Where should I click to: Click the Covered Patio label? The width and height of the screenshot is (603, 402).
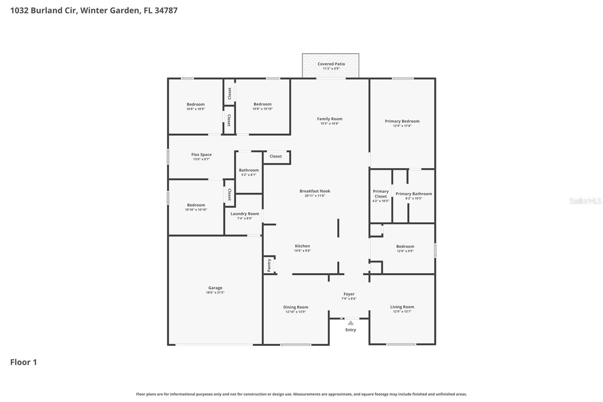pyautogui.click(x=331, y=64)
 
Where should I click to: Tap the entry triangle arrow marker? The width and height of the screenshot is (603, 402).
pyautogui.click(x=350, y=323)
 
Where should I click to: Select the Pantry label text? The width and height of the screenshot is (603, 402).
pyautogui.click(x=269, y=265)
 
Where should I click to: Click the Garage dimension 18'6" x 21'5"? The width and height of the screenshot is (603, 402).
pyautogui.click(x=215, y=293)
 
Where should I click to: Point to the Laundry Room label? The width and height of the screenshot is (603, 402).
pyautogui.click(x=245, y=214)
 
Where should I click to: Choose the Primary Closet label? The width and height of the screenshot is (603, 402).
pyautogui.click(x=381, y=194)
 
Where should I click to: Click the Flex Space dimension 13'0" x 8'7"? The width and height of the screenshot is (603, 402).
pyautogui.click(x=201, y=159)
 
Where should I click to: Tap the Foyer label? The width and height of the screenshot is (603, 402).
pyautogui.click(x=349, y=294)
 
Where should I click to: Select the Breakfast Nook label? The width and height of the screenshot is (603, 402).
pyautogui.click(x=315, y=191)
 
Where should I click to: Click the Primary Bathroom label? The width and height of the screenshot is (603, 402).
pyautogui.click(x=413, y=194)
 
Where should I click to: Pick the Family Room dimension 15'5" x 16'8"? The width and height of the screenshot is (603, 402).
pyautogui.click(x=329, y=123)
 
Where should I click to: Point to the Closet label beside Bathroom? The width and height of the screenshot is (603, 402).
pyautogui.click(x=275, y=157)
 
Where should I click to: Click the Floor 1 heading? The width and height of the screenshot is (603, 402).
pyautogui.click(x=23, y=362)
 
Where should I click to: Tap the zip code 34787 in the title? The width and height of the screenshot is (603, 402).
pyautogui.click(x=166, y=11)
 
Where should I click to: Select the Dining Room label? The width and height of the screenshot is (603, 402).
pyautogui.click(x=295, y=307)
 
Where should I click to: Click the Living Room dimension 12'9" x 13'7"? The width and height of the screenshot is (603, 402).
pyautogui.click(x=402, y=311)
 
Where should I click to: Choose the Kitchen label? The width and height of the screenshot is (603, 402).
pyautogui.click(x=302, y=246)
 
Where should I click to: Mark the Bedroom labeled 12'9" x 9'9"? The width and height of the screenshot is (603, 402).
pyautogui.click(x=405, y=247)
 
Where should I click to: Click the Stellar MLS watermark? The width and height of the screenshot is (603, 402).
pyautogui.click(x=585, y=201)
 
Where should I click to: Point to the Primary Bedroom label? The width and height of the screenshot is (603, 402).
pyautogui.click(x=402, y=121)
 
